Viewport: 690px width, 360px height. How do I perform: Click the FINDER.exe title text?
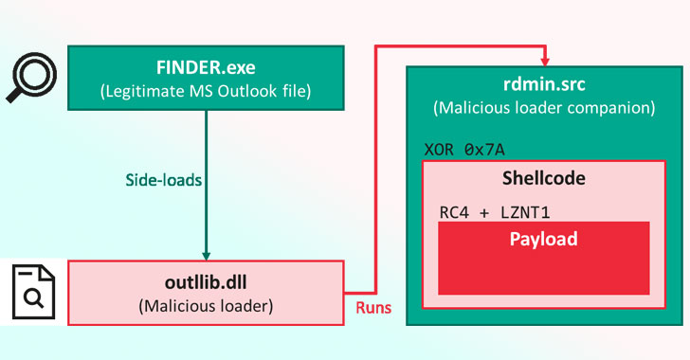coord(205,68)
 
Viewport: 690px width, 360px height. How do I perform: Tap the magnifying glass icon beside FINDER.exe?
coord(29,78)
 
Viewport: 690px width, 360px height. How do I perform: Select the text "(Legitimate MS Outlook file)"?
coord(205,91)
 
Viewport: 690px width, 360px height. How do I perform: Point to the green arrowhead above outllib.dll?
coord(205,253)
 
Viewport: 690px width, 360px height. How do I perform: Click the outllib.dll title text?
coord(205,283)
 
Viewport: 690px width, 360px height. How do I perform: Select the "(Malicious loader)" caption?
coord(205,306)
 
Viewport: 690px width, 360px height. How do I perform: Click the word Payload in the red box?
coord(542,239)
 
